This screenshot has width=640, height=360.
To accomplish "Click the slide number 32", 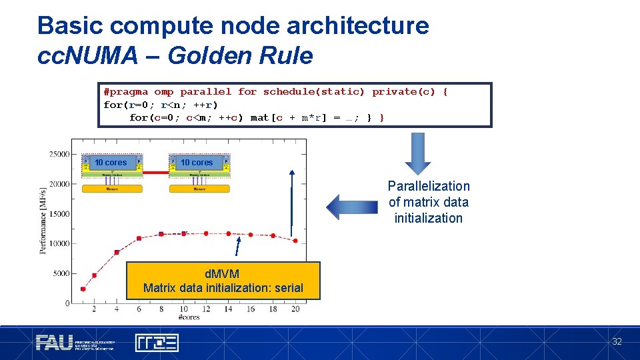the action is [x=617, y=341].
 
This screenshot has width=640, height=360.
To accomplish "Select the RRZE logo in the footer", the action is [x=157, y=343].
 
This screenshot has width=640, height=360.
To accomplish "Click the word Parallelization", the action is [x=429, y=186].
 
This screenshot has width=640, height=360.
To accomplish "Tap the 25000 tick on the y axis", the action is [x=59, y=154].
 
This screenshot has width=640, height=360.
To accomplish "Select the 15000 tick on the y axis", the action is [x=59, y=214].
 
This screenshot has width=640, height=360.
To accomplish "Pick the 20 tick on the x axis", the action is [x=295, y=309].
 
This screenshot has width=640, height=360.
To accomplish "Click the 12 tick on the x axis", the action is [x=206, y=309].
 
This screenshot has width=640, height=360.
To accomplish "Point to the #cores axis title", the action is [x=190, y=317].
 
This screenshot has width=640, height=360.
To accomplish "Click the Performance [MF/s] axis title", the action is [x=44, y=220].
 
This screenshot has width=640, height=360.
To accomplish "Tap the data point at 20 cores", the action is [x=295, y=241].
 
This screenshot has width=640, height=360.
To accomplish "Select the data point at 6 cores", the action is [x=139, y=238].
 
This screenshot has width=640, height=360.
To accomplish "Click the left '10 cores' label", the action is [x=111, y=163].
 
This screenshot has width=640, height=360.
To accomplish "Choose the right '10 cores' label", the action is [x=197, y=163].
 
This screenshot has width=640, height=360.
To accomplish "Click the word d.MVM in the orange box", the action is [x=223, y=274].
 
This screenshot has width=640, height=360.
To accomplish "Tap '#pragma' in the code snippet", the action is [x=126, y=92].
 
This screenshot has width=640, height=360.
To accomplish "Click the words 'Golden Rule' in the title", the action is [x=240, y=56].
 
